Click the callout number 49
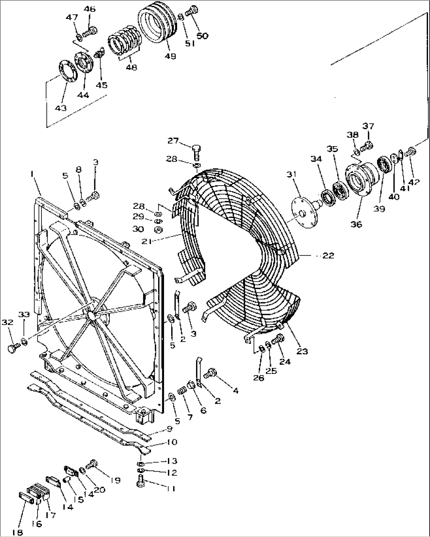[x=170, y=56]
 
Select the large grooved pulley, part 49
[x=157, y=23]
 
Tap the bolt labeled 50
[x=192, y=11]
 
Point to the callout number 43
[x=61, y=108]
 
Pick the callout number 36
[x=356, y=224]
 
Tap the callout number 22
[x=328, y=255]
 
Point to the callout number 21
[x=147, y=241]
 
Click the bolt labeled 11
[x=140, y=481]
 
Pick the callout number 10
[x=171, y=442]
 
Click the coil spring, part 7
[x=182, y=392]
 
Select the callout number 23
[x=302, y=351]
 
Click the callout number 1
[x=32, y=174]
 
